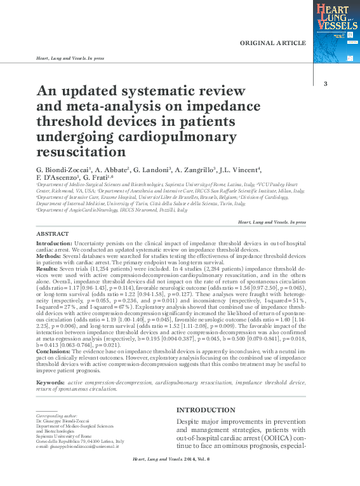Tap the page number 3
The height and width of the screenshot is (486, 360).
[x=325, y=84]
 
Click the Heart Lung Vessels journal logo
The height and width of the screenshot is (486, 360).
[x=336, y=30]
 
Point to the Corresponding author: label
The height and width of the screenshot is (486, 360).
[x=60, y=415]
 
